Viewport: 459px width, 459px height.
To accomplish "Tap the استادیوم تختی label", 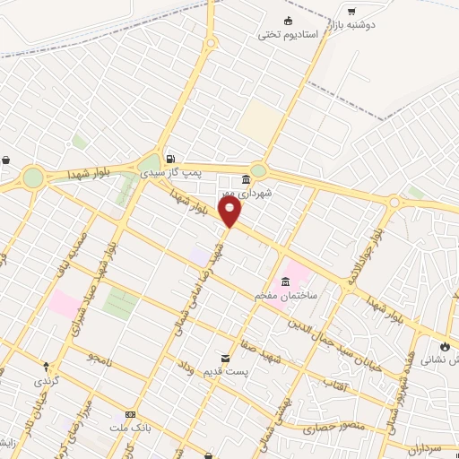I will click(289, 35).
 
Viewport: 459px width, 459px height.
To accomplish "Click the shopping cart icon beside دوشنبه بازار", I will click(351, 11).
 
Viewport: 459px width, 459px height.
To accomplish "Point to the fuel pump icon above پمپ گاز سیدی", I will click(169, 156).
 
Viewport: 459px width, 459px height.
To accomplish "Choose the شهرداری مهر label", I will click(245, 191).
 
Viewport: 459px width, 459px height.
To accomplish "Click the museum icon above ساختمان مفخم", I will click(285, 281).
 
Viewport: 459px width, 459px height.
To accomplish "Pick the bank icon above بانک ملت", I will click(131, 414).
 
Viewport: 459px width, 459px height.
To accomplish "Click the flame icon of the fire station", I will click(446, 345).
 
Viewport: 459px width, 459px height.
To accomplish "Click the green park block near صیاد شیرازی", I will click(119, 302).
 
